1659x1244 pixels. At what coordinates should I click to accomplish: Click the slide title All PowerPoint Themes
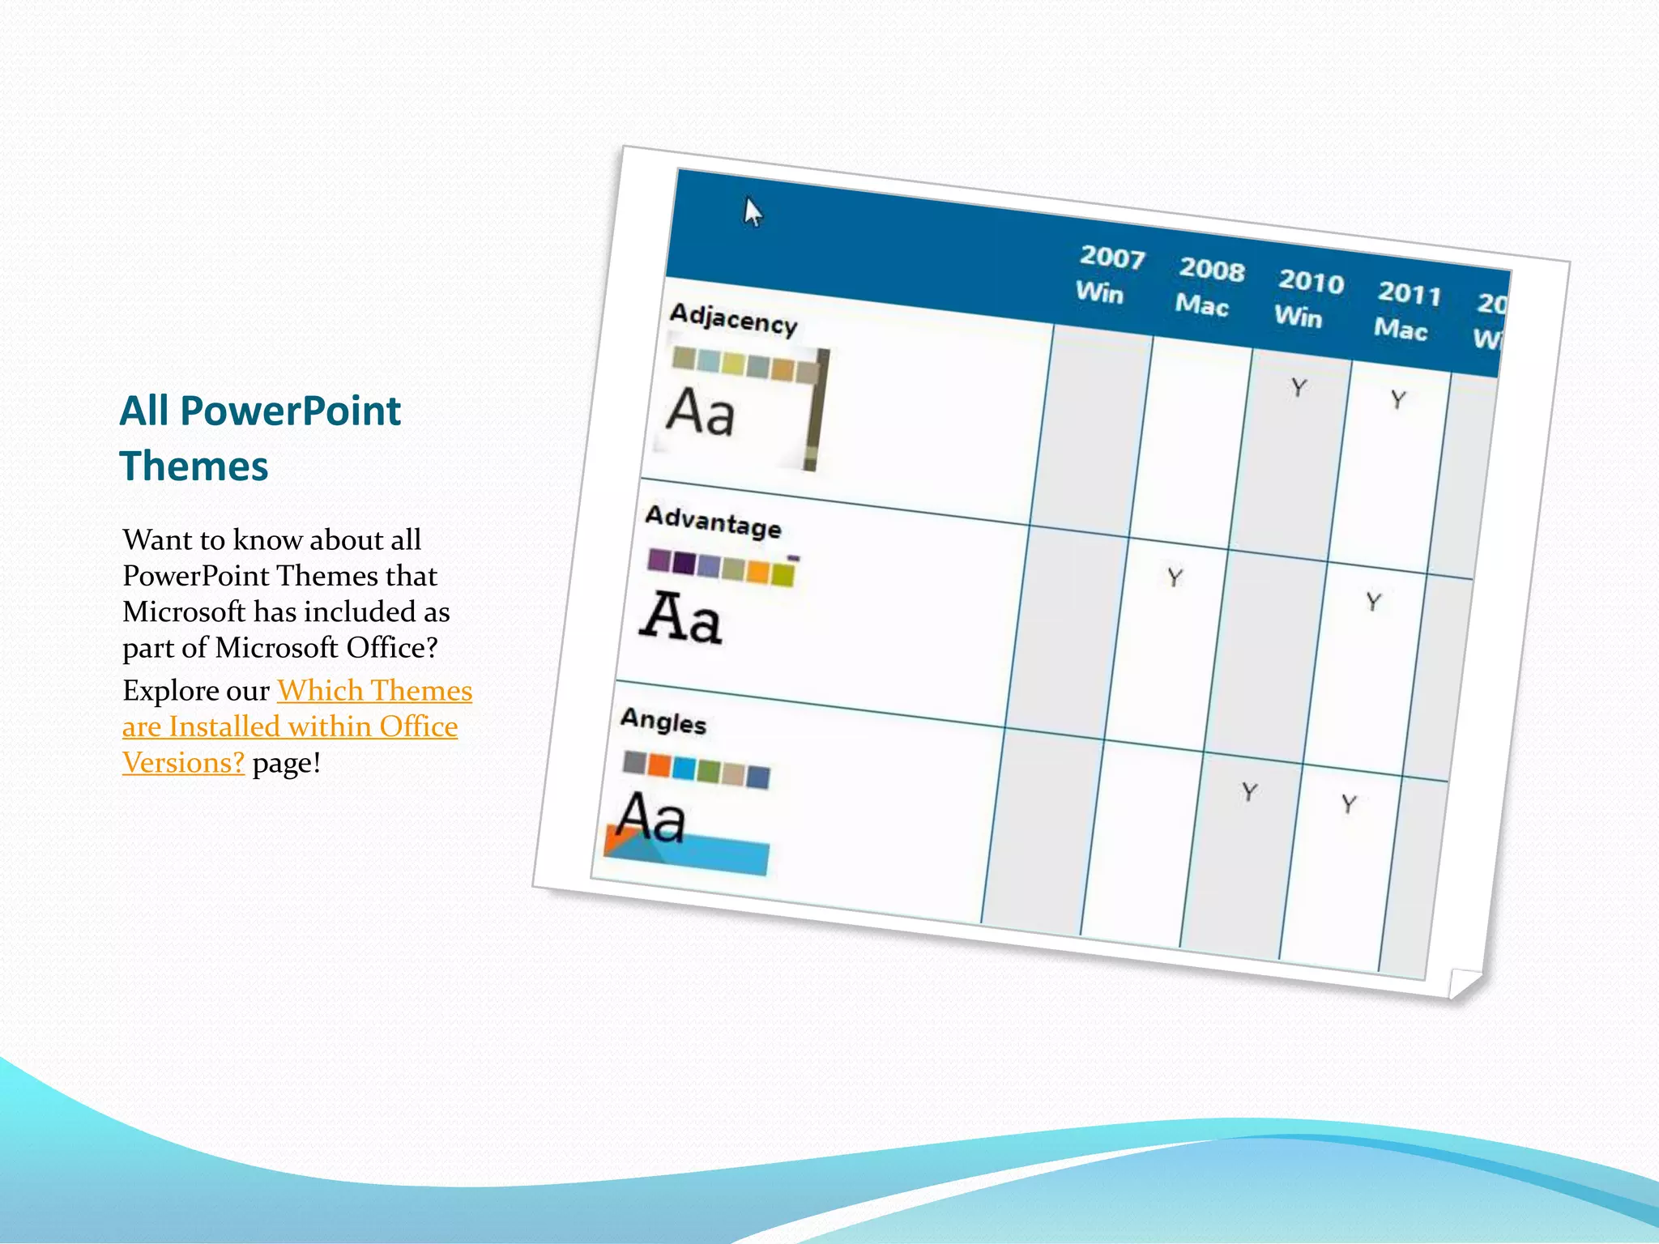pyautogui.click(x=260, y=438)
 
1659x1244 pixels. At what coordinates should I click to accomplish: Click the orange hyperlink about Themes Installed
pyautogui.click(x=296, y=726)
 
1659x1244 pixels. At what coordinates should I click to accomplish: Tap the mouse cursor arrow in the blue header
pyautogui.click(x=753, y=212)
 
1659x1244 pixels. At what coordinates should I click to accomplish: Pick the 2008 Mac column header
pyautogui.click(x=1208, y=287)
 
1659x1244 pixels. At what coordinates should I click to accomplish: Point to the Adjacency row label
pyautogui.click(x=733, y=318)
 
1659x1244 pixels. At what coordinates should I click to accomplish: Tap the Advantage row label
pyautogui.click(x=713, y=522)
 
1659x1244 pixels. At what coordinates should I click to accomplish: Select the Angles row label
pyautogui.click(x=663, y=721)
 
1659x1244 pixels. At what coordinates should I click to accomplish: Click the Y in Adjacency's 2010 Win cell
pyautogui.click(x=1299, y=388)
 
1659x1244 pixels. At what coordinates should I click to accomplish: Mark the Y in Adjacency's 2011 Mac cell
pyautogui.click(x=1398, y=399)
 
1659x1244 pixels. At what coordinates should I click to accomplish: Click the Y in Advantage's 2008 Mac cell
pyautogui.click(x=1175, y=577)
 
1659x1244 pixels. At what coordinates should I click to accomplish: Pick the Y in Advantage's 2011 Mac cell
pyautogui.click(x=1373, y=602)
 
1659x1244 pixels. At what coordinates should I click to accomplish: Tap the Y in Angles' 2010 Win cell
pyautogui.click(x=1249, y=791)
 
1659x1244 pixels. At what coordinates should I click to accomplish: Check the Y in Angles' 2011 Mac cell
pyautogui.click(x=1348, y=803)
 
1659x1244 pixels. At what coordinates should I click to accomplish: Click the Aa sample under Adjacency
pyautogui.click(x=701, y=412)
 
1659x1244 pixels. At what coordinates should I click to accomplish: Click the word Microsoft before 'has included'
pyautogui.click(x=184, y=611)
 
